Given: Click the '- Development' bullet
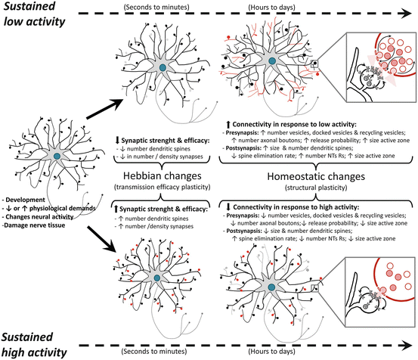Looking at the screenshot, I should (x=27, y=197).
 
